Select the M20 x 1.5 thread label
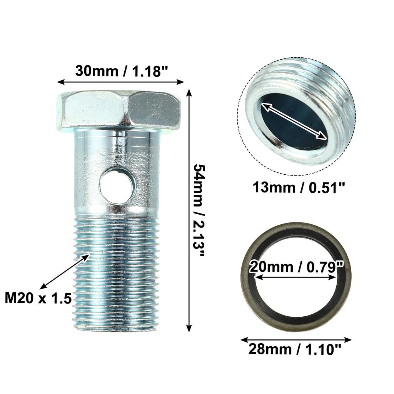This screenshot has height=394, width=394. click(x=38, y=298)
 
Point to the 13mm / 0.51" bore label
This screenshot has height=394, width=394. click(x=299, y=188)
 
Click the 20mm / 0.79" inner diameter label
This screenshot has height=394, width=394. click(x=296, y=267)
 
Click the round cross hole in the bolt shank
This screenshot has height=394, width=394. click(x=117, y=186)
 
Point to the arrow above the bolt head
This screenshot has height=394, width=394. click(x=120, y=82)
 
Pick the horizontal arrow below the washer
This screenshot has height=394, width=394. click(x=295, y=340)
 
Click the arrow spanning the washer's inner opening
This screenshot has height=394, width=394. click(x=295, y=277)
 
